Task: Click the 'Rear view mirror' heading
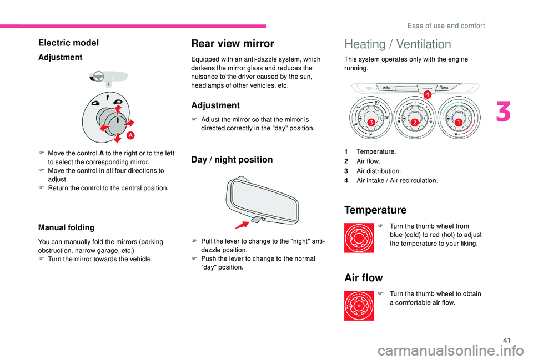pyautogui.click(x=232, y=43)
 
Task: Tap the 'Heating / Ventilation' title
pyautogui.click(x=398, y=44)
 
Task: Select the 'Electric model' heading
pyautogui.click(x=68, y=43)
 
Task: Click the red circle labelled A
pyautogui.click(x=131, y=135)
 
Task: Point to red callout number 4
pyautogui.click(x=428, y=95)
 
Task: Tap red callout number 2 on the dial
pyautogui.click(x=414, y=121)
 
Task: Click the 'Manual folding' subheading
pyautogui.click(x=66, y=227)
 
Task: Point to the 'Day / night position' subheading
pyautogui.click(x=232, y=160)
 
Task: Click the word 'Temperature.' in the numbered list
pyautogui.click(x=376, y=151)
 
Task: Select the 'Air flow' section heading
pyautogui.click(x=364, y=277)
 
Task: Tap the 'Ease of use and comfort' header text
pyautogui.click(x=445, y=26)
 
